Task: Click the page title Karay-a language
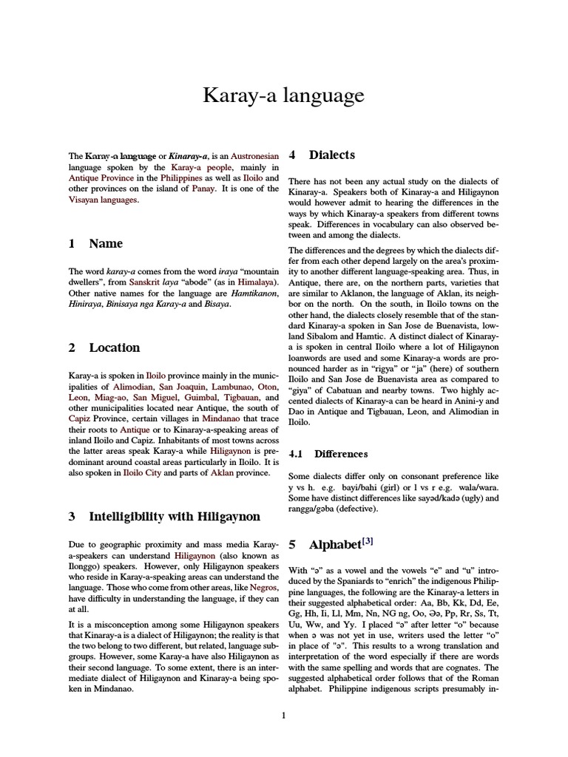click(284, 95)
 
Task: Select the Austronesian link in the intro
click(254, 157)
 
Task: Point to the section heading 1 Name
click(95, 244)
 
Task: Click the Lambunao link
click(227, 387)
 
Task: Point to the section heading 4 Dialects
click(322, 155)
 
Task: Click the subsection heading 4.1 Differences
click(328, 454)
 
